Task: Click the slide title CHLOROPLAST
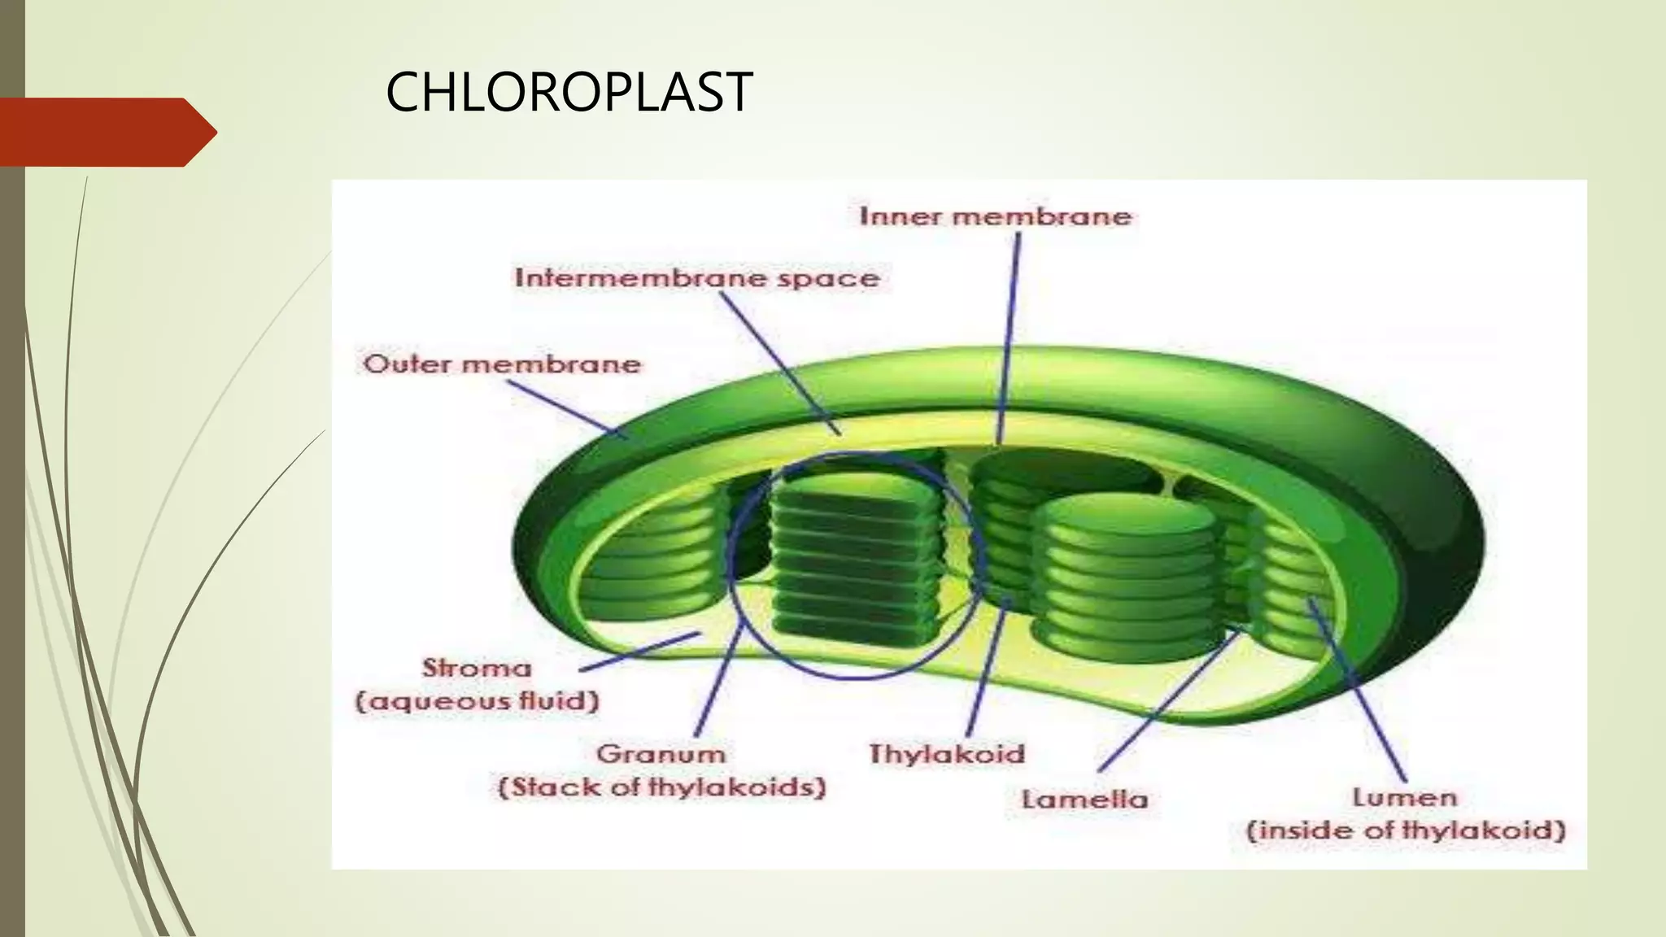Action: pos(569,92)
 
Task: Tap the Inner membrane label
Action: pos(995,216)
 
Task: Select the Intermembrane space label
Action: pos(697,278)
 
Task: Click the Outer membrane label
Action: pos(502,364)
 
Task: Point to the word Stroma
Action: pos(477,669)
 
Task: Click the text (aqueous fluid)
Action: pos(478,701)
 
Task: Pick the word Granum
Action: pos(661,754)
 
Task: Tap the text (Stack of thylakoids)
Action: pos(661,787)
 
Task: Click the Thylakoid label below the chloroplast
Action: pos(947,754)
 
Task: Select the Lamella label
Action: pos(1084,800)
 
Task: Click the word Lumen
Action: pos(1405,798)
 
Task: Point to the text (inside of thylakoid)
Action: pos(1406,831)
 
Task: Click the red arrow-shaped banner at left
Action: pos(102,132)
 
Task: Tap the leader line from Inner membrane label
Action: pos(1010,333)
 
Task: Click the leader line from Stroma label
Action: pos(639,652)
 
